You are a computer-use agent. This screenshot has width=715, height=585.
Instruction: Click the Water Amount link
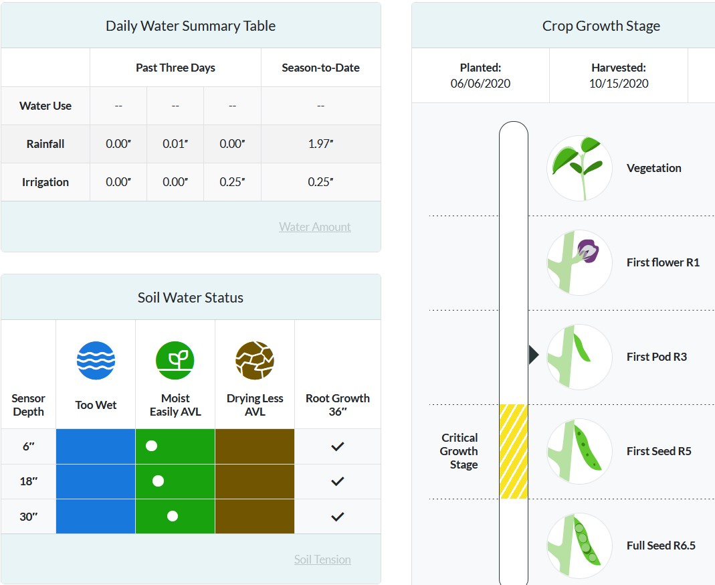[x=314, y=227]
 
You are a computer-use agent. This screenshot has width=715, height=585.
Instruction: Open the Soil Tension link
[x=322, y=560]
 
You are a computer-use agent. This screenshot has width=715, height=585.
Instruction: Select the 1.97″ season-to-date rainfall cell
[x=320, y=144]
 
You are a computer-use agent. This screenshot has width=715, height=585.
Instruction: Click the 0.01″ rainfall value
[x=175, y=144]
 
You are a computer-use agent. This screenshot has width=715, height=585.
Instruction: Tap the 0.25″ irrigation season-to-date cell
[x=320, y=182]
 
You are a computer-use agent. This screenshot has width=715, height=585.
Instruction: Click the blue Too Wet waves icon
[x=96, y=361]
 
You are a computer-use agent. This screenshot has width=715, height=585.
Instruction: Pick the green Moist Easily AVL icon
[x=175, y=361]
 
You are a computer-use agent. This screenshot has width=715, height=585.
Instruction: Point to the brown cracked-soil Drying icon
[x=255, y=361]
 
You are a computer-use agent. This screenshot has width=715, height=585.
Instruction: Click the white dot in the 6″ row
[x=152, y=446]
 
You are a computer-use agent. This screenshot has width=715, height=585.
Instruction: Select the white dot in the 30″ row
[x=173, y=516]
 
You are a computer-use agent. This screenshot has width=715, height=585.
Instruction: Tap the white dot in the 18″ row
[x=158, y=481]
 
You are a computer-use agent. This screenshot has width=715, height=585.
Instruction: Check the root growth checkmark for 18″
[x=338, y=481]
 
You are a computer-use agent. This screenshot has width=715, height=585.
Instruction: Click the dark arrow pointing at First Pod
[x=533, y=355]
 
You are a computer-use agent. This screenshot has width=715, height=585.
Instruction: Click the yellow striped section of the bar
[x=514, y=451]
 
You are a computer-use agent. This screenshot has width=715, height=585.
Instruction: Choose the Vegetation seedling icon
[x=579, y=168]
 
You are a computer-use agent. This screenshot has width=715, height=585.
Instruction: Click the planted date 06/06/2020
[x=480, y=84]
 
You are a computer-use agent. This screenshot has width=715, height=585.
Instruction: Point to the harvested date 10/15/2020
[x=619, y=84]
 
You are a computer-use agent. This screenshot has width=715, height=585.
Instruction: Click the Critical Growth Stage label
[x=459, y=451]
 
